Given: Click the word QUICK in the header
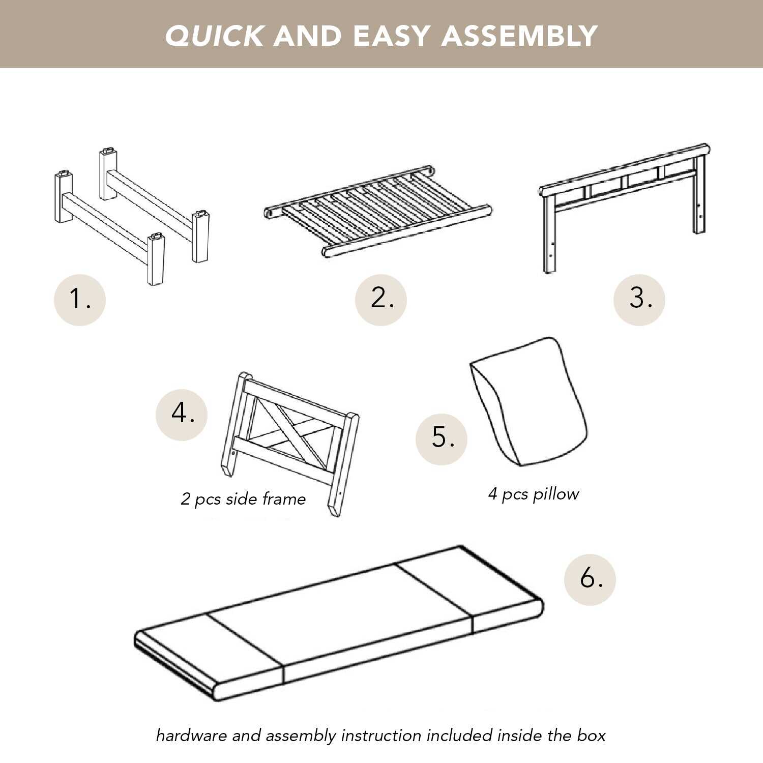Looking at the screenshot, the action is pos(214,36).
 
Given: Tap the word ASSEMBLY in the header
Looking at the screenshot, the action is pos(519,36).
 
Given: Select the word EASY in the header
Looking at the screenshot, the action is pos(392,36).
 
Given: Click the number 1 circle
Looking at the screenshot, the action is pos(80,300).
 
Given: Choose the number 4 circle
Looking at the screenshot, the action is pos(182,415).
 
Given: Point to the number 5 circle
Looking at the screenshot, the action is pos(442,439).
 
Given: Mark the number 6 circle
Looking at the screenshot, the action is pos(590,579).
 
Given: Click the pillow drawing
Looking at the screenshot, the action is pos(529,402).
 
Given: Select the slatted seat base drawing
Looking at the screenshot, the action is pos(377,211).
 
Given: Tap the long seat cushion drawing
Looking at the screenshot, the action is pos(339,623).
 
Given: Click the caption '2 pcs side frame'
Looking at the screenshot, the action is pos(243,499).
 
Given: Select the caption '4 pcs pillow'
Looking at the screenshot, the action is pos(534,494).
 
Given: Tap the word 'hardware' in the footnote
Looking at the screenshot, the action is pos(191,736).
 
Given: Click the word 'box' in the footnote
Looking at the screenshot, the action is pos(591,736).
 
